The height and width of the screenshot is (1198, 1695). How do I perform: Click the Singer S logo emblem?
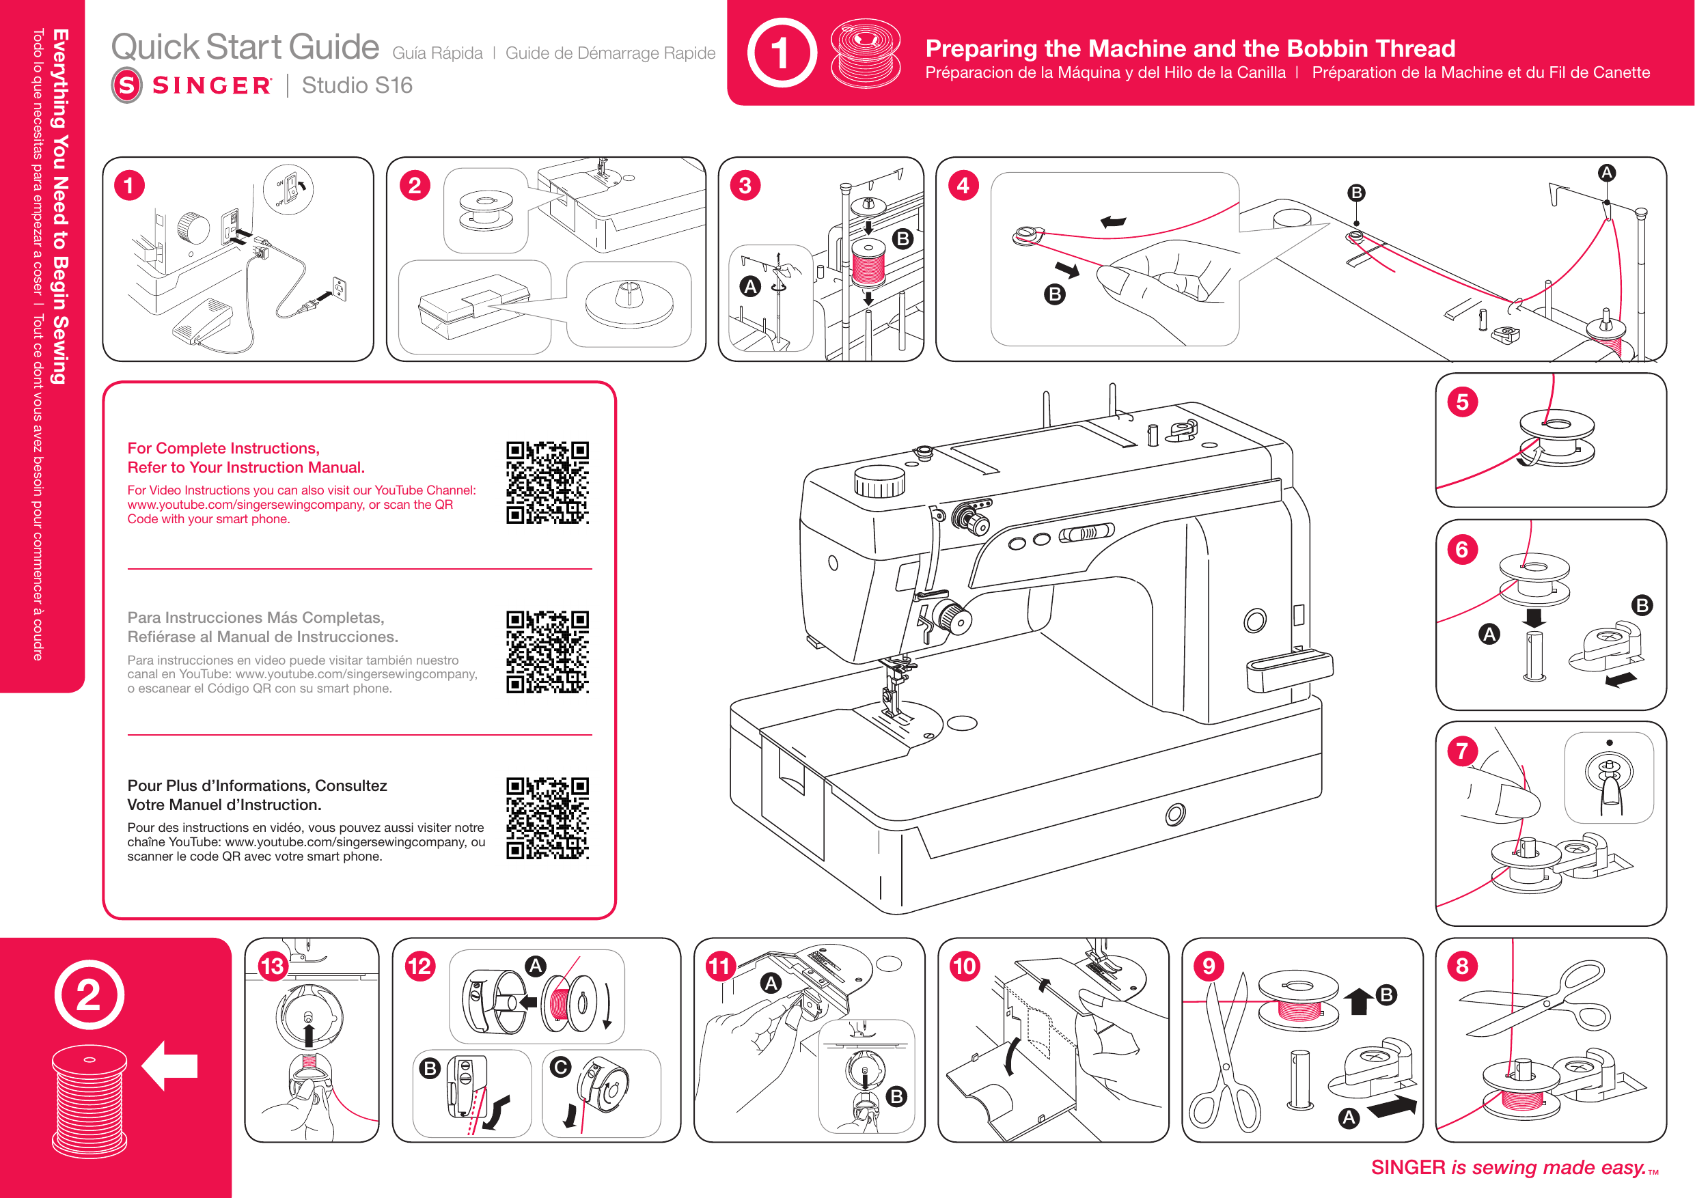(127, 85)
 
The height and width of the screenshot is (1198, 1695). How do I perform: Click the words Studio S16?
(357, 85)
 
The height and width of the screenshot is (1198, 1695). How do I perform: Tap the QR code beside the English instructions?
(547, 482)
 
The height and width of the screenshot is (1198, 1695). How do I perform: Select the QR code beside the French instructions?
(547, 818)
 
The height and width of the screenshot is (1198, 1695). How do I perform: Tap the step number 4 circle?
(963, 185)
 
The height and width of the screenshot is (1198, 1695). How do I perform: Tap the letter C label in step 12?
(560, 1067)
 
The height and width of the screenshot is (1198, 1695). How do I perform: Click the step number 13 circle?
(273, 966)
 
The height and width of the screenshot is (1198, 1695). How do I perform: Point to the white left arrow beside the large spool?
(170, 1065)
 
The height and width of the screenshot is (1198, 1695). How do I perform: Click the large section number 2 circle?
(89, 994)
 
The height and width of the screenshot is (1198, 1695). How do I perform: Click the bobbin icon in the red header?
(865, 53)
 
